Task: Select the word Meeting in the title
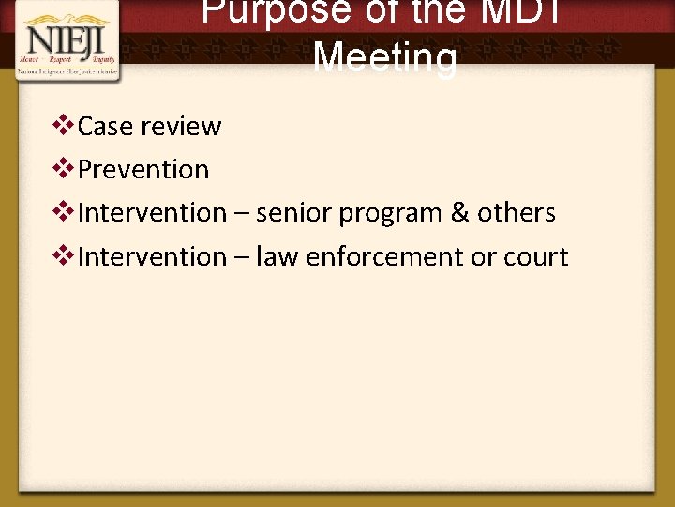(385, 58)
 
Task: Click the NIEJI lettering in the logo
(65, 39)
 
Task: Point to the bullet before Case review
(65, 125)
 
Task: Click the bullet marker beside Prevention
(65, 168)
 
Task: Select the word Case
(107, 127)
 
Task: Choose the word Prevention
(143, 170)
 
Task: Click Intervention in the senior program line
(152, 213)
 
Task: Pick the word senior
(293, 213)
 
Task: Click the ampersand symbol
(459, 213)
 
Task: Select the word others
(517, 213)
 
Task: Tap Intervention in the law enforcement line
(152, 256)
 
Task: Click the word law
(276, 256)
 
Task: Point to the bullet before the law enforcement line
(65, 254)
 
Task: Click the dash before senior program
(241, 214)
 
